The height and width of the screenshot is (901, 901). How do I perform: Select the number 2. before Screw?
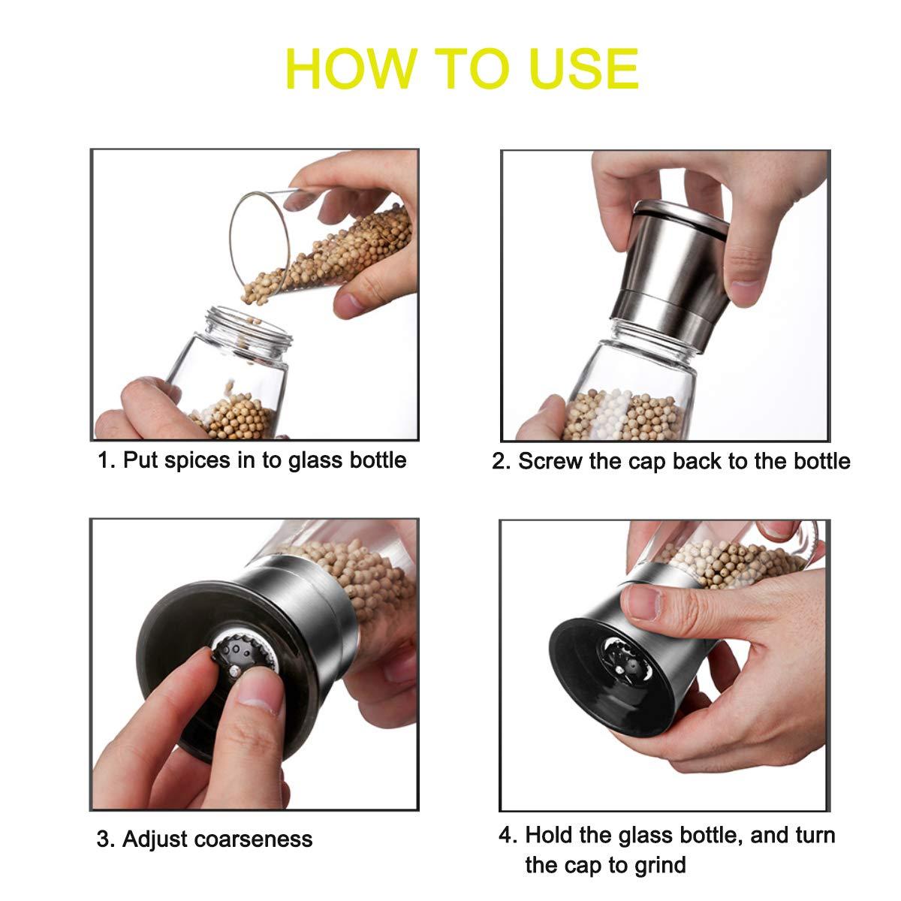coord(501,461)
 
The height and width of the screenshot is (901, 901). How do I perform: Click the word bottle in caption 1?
coord(378,460)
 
